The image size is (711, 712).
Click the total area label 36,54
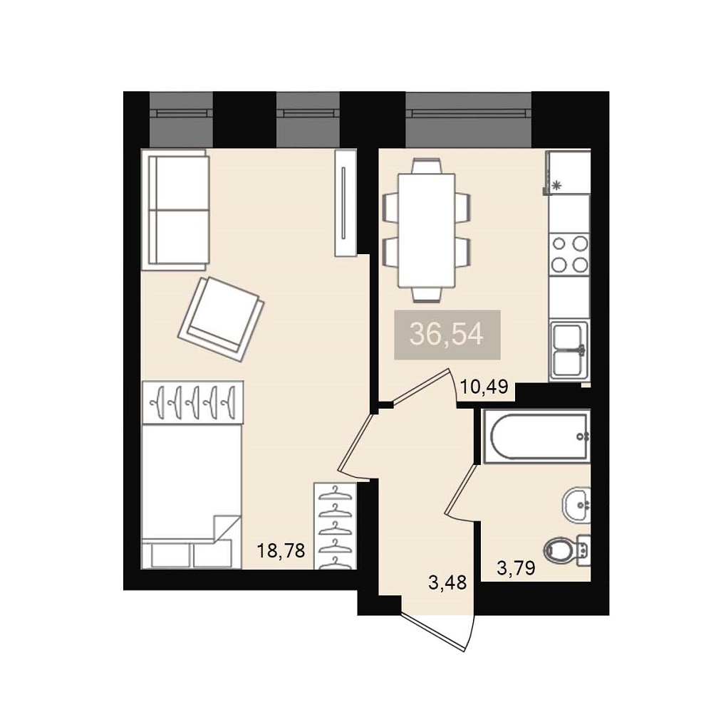446,334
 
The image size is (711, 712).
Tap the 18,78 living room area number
281,551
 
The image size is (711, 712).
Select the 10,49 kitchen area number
484,387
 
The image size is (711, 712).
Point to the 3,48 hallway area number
447,582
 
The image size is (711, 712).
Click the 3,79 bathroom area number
516,567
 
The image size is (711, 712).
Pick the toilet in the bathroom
567,550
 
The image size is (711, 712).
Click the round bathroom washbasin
576,505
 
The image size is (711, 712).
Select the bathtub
536,436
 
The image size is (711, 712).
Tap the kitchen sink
569,350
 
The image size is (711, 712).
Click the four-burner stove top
569,254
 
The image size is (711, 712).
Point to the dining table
427,230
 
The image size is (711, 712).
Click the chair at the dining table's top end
427,165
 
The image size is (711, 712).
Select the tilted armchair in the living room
221,319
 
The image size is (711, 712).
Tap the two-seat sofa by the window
175,210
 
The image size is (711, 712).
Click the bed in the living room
191,496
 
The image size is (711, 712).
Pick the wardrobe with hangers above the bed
192,402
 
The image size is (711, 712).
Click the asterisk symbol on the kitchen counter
556,185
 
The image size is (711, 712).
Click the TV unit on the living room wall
346,203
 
